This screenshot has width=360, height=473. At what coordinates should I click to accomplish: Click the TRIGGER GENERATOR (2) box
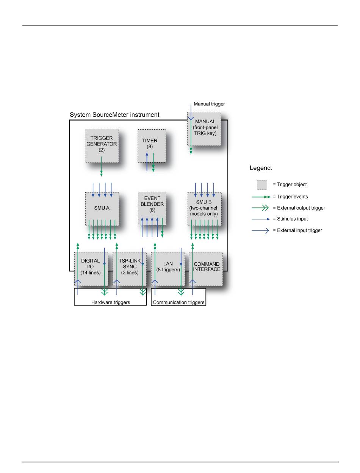tap(102, 146)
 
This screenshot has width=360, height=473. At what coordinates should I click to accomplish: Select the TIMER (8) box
tap(152, 146)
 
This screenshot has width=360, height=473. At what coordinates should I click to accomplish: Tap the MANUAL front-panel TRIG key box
tap(204, 129)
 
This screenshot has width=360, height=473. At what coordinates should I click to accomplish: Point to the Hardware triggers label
tap(110, 302)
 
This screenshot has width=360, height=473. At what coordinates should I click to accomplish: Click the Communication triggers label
tap(178, 302)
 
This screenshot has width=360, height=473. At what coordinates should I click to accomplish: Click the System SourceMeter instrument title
tap(115, 114)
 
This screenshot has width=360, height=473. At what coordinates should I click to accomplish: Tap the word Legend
tap(261, 168)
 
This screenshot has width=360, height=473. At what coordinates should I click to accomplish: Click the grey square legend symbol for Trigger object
tap(262, 185)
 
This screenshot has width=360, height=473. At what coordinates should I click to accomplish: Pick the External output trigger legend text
tap(299, 208)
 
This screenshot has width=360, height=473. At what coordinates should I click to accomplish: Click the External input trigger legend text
tap(297, 230)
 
